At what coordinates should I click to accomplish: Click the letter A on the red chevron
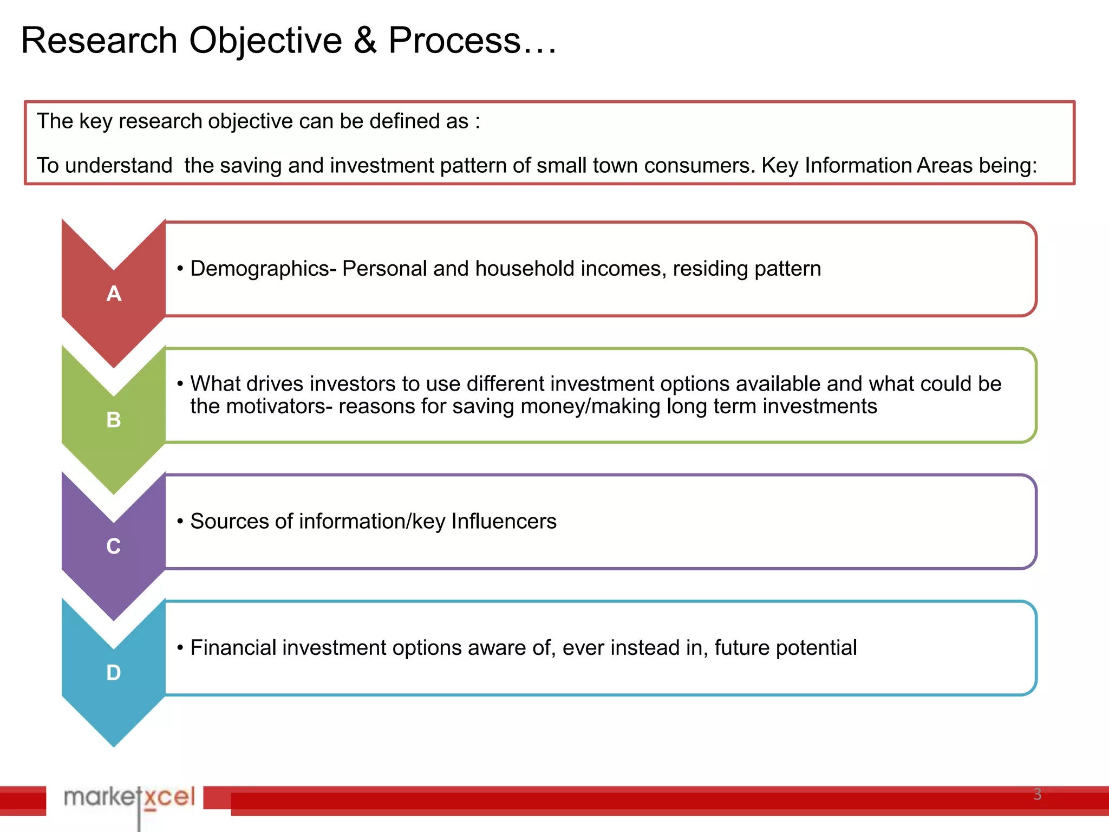pyautogui.click(x=114, y=294)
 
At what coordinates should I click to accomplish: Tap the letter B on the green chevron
pyautogui.click(x=114, y=420)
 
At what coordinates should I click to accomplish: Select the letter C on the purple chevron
pyautogui.click(x=114, y=547)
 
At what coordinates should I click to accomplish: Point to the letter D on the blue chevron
pyautogui.click(x=114, y=673)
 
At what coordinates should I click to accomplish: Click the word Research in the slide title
pyautogui.click(x=99, y=41)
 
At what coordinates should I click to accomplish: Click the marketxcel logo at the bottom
pyautogui.click(x=129, y=797)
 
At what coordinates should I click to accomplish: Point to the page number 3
pyautogui.click(x=1037, y=794)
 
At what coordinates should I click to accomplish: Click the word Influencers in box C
pyautogui.click(x=504, y=522)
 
